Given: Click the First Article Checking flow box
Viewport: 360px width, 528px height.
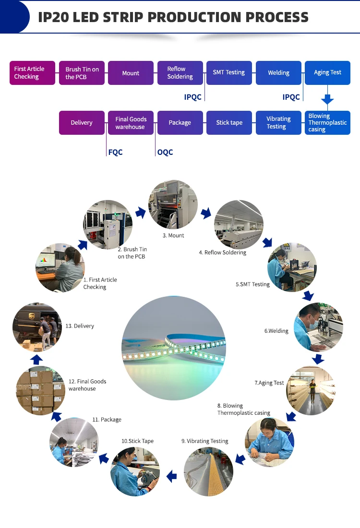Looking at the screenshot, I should (32, 73).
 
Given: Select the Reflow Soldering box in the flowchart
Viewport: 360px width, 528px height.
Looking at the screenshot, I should (180, 73).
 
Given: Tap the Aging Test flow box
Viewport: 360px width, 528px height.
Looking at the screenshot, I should (327, 73).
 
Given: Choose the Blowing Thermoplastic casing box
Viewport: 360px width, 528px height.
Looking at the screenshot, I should (327, 123).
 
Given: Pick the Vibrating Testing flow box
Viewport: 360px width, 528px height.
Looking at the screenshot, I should (278, 123).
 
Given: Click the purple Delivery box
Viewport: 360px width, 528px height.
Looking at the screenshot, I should (82, 123).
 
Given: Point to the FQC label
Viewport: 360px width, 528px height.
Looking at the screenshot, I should (115, 153).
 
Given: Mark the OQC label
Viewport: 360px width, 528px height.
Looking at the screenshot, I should (165, 153).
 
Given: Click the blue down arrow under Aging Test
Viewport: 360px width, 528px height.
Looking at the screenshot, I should (327, 100).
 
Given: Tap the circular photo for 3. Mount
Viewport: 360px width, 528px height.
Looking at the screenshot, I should (173, 204).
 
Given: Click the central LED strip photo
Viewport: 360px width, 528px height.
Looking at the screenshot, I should (174, 348).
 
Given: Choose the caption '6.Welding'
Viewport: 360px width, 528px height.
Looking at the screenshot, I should (276, 331).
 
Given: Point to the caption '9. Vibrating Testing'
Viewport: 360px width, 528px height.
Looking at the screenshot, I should (204, 441).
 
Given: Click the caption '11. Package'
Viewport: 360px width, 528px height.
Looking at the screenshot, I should (111, 420).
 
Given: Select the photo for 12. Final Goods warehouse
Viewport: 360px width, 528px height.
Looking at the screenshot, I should (41, 390).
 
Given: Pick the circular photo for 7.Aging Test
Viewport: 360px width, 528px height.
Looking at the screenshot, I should (311, 391).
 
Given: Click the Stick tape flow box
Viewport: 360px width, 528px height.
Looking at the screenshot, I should (229, 123).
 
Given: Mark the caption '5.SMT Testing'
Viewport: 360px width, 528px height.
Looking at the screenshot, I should (252, 284).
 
